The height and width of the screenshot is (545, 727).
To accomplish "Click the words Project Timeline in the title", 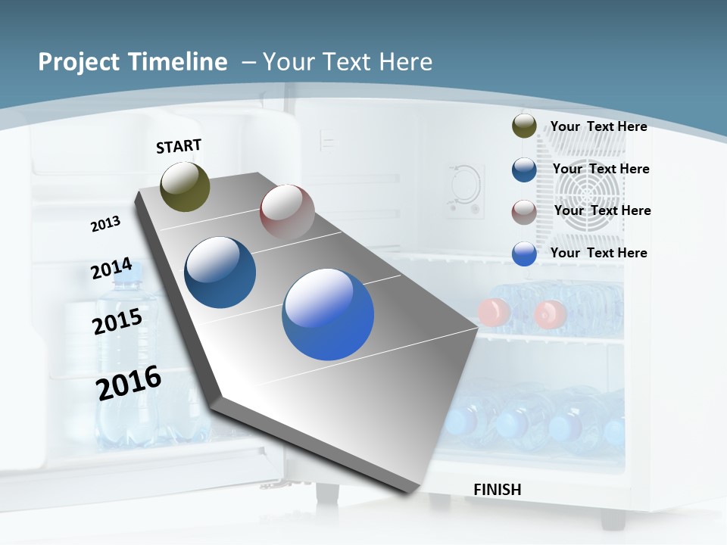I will point(133,62).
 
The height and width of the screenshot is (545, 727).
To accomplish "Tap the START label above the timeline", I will point(179,146).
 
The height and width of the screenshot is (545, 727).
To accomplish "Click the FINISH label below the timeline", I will point(498,490).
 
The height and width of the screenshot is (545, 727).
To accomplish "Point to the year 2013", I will point(106,224).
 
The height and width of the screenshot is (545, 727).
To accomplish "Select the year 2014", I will point(111,269).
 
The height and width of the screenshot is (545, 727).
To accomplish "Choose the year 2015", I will point(117,321).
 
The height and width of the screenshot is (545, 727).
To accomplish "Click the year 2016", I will point(129,382).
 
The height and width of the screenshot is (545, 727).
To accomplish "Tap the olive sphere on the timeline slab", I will point(186,186).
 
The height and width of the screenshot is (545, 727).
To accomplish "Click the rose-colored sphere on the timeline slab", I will point(287,212).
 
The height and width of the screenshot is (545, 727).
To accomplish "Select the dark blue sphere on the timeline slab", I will point(220,272).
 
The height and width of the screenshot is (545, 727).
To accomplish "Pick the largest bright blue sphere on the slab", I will point(328,314).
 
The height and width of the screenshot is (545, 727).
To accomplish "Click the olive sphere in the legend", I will point(524,126).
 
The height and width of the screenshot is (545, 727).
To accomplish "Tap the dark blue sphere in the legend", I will point(524,170).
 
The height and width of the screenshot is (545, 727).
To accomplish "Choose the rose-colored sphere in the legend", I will point(524,212).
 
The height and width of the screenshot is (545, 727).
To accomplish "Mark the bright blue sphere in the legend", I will point(524,254).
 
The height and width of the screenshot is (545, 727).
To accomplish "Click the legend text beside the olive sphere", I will point(598,126).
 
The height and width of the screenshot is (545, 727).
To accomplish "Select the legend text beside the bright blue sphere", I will point(598,253).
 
